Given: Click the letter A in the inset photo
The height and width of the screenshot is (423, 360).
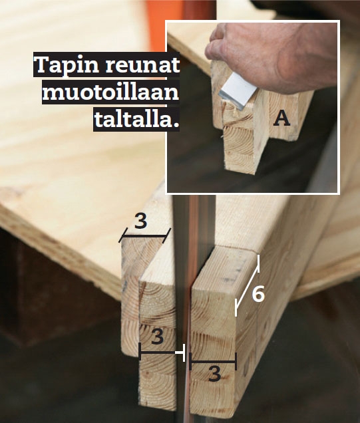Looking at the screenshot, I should point(282,118).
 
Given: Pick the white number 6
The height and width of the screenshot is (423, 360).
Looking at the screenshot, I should point(258,293).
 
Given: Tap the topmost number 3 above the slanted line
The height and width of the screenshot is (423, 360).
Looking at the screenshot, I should point(140,221).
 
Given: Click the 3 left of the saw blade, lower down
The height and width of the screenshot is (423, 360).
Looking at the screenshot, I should point(157,337).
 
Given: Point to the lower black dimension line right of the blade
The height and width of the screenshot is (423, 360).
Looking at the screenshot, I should point(213,362).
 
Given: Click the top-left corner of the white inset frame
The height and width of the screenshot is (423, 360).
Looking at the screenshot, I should point(166,21).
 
